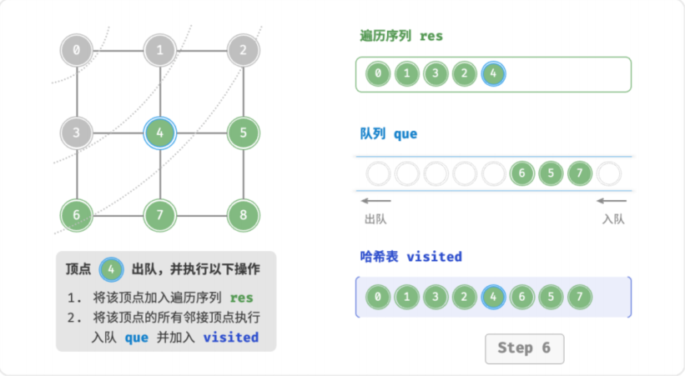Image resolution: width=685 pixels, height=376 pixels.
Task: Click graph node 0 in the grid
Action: [77, 50]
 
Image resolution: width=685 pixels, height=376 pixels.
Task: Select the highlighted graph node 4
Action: [160, 133]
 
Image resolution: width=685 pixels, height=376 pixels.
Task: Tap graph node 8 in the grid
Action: [244, 215]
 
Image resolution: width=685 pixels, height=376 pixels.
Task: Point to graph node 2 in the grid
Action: [244, 50]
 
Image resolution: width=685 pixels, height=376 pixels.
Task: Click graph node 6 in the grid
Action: [77, 215]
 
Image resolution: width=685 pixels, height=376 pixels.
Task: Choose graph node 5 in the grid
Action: [244, 133]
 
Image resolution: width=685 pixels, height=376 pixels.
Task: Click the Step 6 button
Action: [524, 348]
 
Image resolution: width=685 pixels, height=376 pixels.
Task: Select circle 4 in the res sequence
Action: [493, 73]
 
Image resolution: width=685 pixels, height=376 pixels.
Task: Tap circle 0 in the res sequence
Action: [378, 73]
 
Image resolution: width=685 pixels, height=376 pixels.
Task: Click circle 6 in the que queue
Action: [522, 173]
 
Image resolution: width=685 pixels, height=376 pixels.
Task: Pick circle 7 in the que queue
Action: [580, 173]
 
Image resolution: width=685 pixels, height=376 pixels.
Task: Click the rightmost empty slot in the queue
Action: [608, 173]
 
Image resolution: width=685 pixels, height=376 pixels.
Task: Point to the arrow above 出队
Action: [375, 201]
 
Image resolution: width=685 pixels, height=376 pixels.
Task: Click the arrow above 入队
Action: [612, 201]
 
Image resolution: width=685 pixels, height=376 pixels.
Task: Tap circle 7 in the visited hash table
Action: [580, 297]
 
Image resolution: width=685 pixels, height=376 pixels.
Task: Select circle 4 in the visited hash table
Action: [493, 297]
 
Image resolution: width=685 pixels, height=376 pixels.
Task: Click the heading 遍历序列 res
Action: [401, 36]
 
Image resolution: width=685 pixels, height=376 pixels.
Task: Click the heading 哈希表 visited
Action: [410, 256]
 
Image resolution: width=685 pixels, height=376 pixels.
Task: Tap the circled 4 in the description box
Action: [111, 269]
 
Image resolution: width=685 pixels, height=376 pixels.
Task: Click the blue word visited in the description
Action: [230, 337]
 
